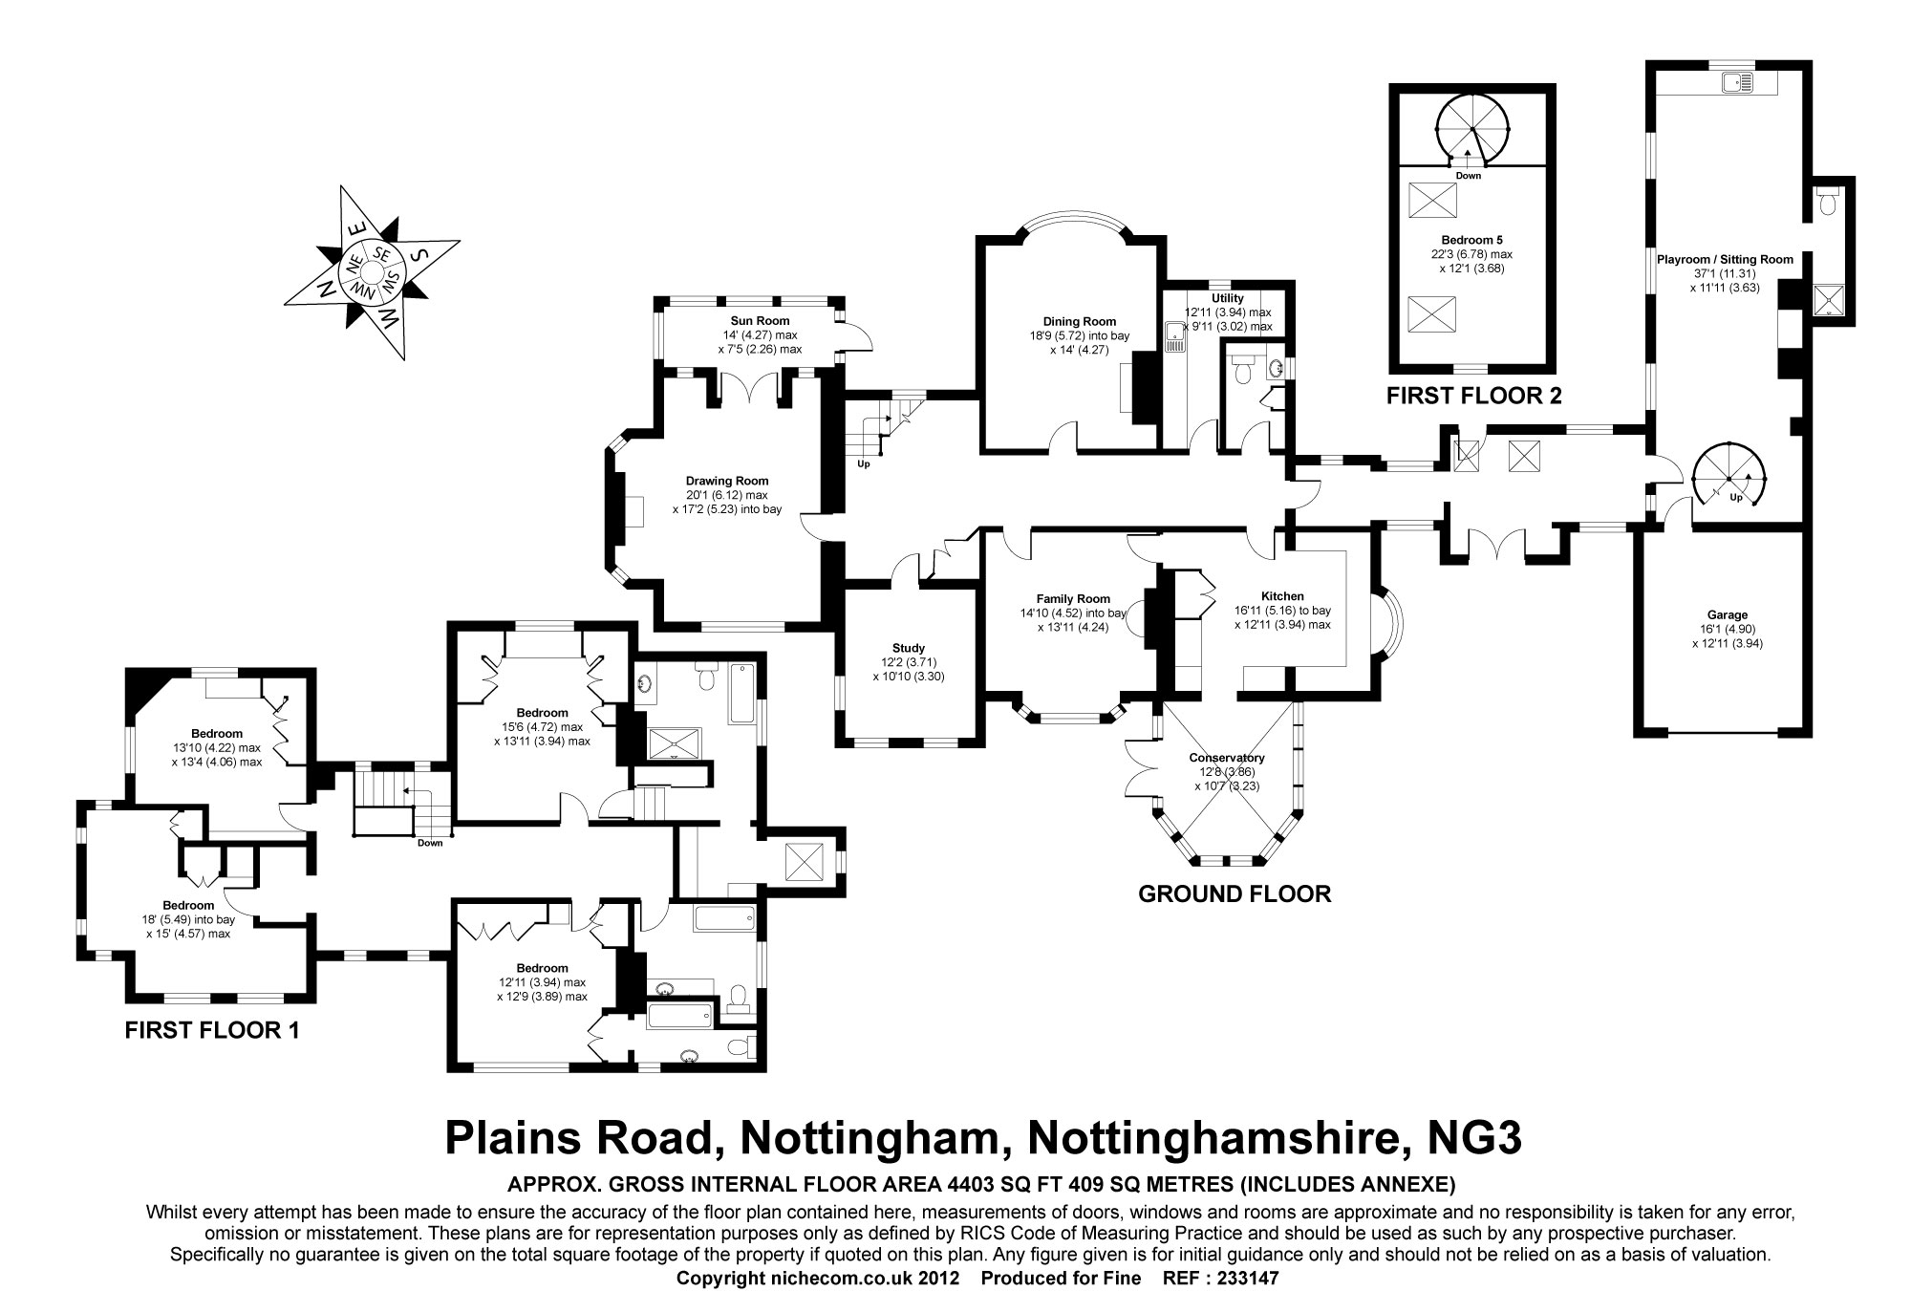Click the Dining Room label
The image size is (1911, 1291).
[1080, 322]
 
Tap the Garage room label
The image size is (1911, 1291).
[1728, 615]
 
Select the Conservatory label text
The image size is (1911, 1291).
[1228, 758]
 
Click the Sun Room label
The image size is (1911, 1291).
[760, 321]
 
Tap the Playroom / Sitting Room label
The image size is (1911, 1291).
[1725, 259]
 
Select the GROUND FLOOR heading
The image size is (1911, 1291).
[1235, 893]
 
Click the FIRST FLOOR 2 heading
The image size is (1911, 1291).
[1474, 396]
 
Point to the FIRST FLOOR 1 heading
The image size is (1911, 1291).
[212, 1030]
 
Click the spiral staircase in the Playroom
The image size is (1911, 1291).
[1728, 478]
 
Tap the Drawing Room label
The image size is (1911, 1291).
[727, 481]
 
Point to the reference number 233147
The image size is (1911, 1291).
[1248, 1278]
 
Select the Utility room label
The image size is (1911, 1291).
[1228, 298]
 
